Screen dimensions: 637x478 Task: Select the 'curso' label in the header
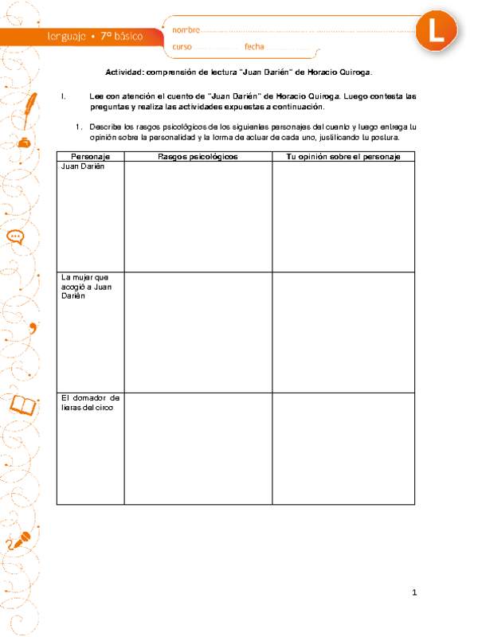pos(182,47)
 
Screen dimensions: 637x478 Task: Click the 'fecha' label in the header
pos(254,47)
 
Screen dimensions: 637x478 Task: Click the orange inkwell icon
pos(24,143)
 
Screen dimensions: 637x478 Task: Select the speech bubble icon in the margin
pos(15,236)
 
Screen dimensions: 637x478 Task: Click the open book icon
pos(22,405)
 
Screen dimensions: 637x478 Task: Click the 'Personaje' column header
pos(90,156)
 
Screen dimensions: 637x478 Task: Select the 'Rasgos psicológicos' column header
pos(198,156)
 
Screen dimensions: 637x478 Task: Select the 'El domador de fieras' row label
pos(89,402)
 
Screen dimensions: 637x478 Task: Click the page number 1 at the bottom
pos(415,592)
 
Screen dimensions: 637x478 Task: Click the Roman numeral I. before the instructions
pos(63,96)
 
